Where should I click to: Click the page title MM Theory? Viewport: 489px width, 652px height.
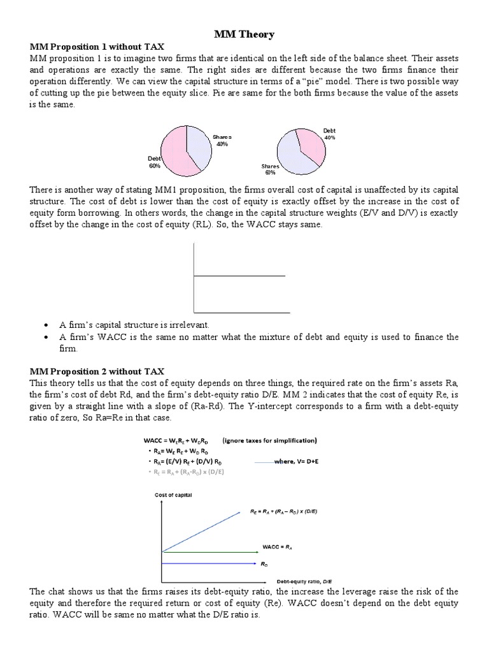pos(244,34)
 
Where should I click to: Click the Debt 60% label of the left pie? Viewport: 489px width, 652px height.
pos(155,162)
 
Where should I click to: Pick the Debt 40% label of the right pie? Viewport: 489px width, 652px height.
pos(329,134)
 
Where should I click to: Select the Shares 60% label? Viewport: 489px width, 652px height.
pos(270,169)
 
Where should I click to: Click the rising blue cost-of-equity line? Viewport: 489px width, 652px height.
pos(204,531)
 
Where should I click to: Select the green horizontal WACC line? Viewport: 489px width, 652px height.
pos(210,551)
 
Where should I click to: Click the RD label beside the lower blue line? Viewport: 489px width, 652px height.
pos(264,563)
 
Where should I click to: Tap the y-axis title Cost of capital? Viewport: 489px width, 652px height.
pos(173,495)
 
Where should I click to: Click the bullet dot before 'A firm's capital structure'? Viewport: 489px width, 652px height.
pos(46,325)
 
